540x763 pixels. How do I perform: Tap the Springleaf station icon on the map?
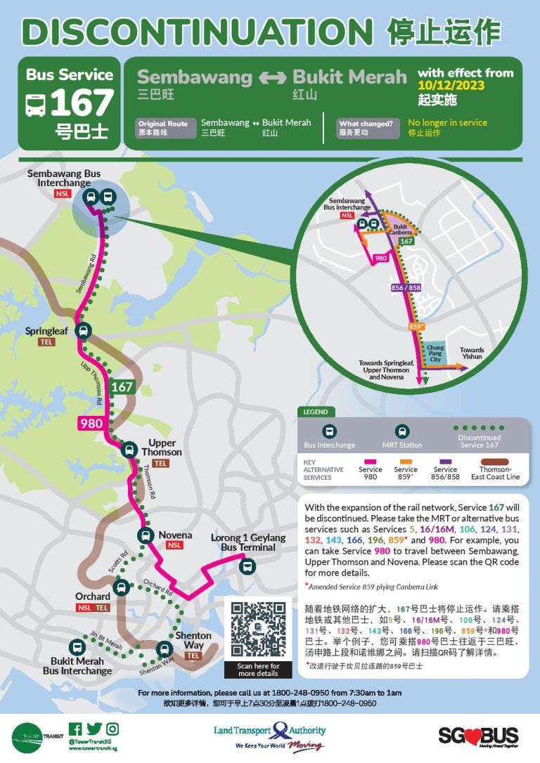84,331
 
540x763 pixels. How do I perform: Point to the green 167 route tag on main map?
121,386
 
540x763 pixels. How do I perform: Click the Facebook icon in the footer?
75,729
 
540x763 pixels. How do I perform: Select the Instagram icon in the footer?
112,729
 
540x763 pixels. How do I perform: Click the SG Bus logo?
478,736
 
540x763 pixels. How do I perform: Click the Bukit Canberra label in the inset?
399,228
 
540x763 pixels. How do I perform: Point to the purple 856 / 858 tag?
405,287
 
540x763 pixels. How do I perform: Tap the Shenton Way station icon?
165,649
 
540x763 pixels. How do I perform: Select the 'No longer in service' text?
447,122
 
